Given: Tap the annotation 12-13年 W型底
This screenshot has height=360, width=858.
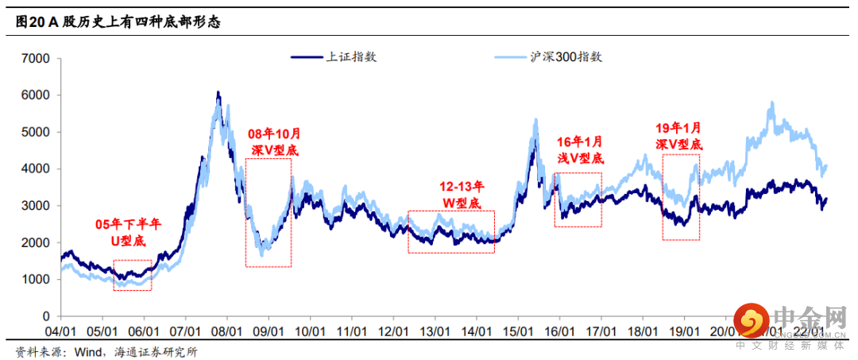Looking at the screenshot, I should (461, 195).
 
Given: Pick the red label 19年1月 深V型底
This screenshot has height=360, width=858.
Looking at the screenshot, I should (679, 135).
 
